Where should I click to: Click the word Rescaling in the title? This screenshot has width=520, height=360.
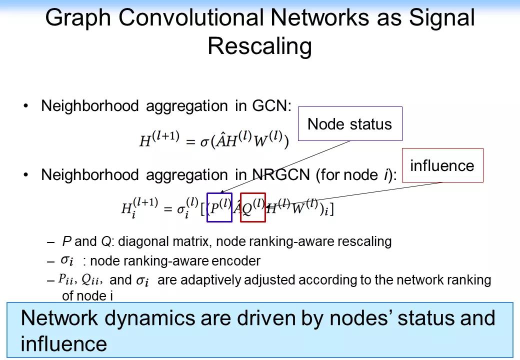click(259, 46)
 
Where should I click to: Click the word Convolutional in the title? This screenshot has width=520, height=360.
click(191, 18)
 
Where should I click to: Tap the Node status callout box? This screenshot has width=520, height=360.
click(350, 124)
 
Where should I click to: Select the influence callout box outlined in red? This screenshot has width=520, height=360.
click(442, 165)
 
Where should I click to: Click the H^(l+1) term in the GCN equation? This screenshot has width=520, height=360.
click(159, 140)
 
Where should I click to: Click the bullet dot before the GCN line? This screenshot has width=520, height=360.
click(26, 106)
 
